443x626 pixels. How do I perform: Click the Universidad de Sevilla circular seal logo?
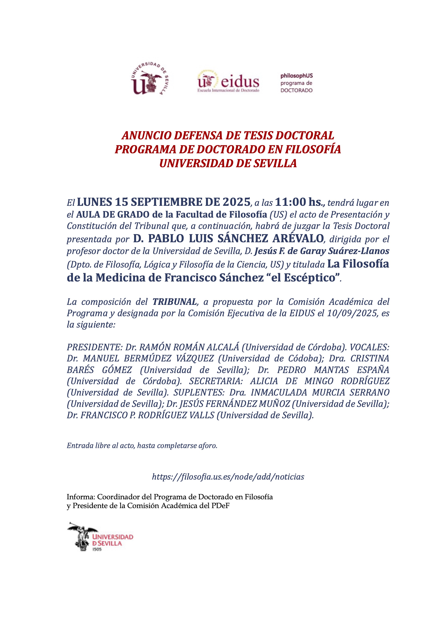coord(150,79)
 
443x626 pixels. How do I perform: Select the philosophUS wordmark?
coord(296,76)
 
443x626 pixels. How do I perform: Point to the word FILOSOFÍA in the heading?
coord(313,149)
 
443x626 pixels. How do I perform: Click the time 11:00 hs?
coord(300,202)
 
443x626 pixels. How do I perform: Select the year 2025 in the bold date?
coord(236,202)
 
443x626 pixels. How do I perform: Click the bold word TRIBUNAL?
coord(175,302)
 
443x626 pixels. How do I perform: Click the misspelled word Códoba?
coord(304,358)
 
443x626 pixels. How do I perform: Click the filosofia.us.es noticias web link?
coord(228,477)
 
